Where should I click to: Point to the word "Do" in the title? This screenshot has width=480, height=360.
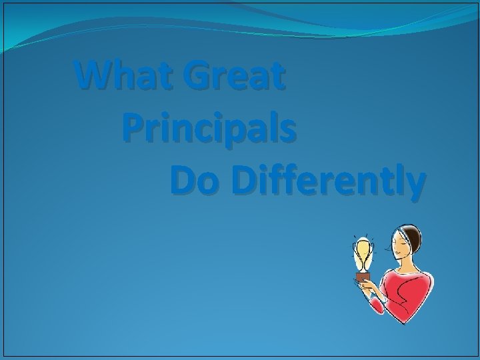coord(195,180)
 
